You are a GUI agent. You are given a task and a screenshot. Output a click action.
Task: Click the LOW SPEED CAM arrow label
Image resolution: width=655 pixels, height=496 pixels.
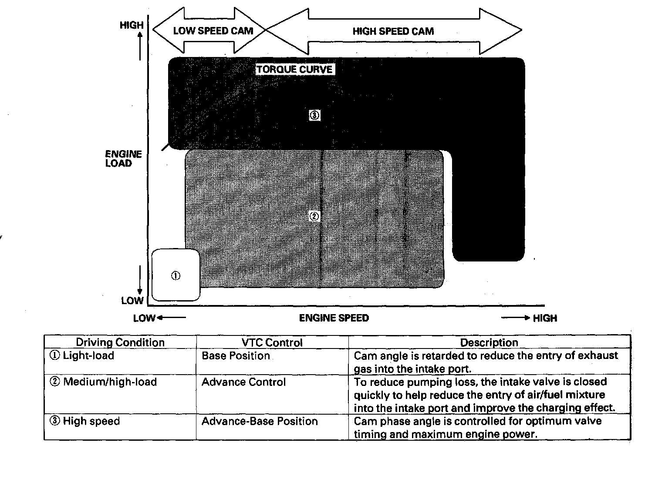point(213,31)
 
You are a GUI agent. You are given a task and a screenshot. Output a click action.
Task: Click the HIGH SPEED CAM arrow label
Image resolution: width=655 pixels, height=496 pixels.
point(393,31)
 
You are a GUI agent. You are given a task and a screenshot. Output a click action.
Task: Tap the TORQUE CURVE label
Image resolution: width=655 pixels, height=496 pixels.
point(294,70)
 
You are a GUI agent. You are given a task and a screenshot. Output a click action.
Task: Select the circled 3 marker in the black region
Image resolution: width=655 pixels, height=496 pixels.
point(315,115)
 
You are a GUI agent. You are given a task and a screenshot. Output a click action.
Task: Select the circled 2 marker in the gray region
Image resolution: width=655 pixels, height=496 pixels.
point(314,216)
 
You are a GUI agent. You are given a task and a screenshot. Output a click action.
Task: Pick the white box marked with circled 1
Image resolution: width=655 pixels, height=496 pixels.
point(176,275)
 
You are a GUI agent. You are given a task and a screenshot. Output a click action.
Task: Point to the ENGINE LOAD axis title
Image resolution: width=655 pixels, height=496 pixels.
point(124,159)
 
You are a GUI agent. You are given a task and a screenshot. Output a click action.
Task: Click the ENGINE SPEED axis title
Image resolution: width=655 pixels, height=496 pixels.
point(334,318)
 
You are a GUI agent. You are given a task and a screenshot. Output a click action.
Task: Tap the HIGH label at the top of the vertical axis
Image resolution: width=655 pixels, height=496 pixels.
point(131,25)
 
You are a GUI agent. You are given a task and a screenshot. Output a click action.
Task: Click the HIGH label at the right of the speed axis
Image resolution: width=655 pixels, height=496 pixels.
point(545,318)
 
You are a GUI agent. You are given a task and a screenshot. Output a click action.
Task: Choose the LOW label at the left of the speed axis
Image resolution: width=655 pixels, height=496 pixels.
point(144,318)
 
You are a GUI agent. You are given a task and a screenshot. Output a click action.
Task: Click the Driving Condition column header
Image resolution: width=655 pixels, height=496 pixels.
point(120,342)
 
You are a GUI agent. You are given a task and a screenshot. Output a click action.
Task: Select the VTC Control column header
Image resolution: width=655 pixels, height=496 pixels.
point(272,343)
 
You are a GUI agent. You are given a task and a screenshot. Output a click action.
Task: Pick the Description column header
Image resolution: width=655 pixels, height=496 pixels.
point(489,343)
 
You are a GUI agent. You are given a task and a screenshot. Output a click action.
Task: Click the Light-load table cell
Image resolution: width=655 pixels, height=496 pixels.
point(82,356)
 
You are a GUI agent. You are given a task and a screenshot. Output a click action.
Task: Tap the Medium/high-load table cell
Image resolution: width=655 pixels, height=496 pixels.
point(104,382)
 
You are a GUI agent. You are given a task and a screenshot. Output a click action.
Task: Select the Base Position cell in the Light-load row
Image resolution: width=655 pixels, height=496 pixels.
point(236,356)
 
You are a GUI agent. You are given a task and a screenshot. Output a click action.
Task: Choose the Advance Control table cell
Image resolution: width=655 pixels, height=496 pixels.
point(243,382)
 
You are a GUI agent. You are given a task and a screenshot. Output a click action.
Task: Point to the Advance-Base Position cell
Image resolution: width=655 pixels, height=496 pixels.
point(260,421)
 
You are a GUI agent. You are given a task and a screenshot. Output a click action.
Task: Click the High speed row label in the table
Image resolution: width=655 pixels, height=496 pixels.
point(85,421)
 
